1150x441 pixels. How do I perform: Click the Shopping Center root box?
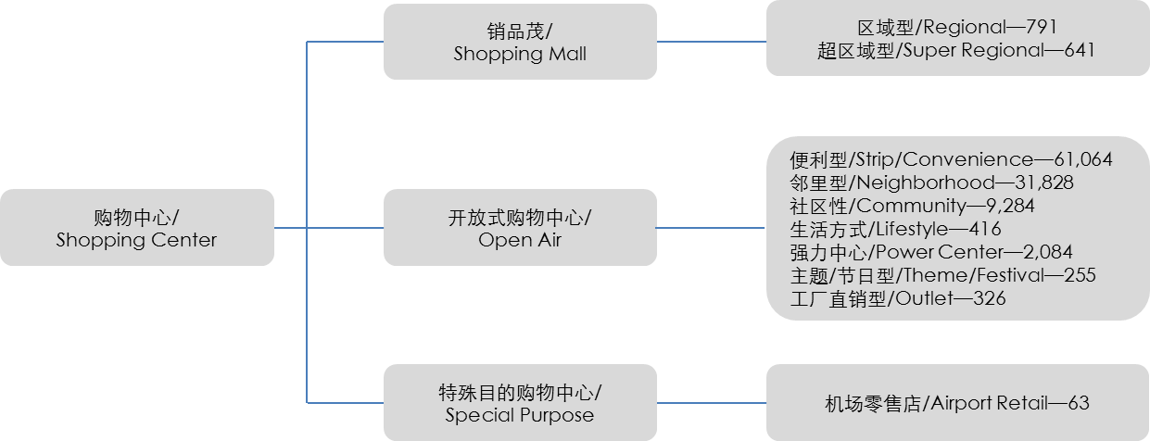pos(136,228)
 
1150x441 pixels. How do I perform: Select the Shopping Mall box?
pos(520,42)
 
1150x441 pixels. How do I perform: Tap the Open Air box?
pos(520,228)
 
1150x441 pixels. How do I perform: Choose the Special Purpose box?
pos(520,403)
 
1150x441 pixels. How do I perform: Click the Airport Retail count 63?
pos(1078,404)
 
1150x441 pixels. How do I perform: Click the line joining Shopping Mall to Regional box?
pos(711,42)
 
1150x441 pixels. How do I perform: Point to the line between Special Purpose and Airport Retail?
pos(711,403)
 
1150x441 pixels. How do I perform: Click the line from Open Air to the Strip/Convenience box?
pos(711,228)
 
